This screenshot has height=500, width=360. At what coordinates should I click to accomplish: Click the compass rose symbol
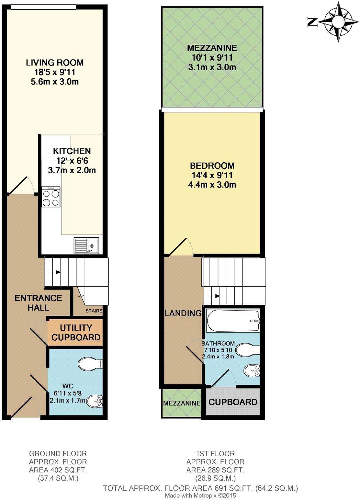[338, 21]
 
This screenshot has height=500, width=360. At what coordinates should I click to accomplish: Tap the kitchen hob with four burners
[51, 197]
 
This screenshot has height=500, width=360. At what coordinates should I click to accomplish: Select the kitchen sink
[87, 245]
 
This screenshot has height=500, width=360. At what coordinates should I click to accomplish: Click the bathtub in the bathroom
[233, 321]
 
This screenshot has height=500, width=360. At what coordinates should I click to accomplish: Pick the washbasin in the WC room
[96, 402]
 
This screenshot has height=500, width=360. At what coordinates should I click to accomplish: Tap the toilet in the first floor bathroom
[248, 350]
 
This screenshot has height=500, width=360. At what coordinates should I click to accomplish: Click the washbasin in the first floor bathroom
[252, 371]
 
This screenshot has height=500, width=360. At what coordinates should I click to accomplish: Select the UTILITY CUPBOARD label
[76, 333]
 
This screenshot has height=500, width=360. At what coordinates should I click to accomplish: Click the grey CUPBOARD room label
[233, 402]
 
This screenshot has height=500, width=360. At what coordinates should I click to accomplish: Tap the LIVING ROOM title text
[55, 62]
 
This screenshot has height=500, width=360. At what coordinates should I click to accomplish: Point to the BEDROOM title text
[212, 166]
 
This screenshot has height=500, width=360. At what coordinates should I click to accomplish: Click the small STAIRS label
[94, 311]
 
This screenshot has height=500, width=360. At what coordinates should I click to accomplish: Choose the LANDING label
[183, 313]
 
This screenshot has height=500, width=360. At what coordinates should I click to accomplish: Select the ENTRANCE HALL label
[38, 302]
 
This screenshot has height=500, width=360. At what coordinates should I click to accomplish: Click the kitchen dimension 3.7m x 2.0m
[72, 170]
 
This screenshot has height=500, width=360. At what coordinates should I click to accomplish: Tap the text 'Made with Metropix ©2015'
[200, 495]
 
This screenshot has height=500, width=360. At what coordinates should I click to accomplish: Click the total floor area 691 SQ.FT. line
[200, 488]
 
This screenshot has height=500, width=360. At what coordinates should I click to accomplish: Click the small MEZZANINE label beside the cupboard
[182, 403]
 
